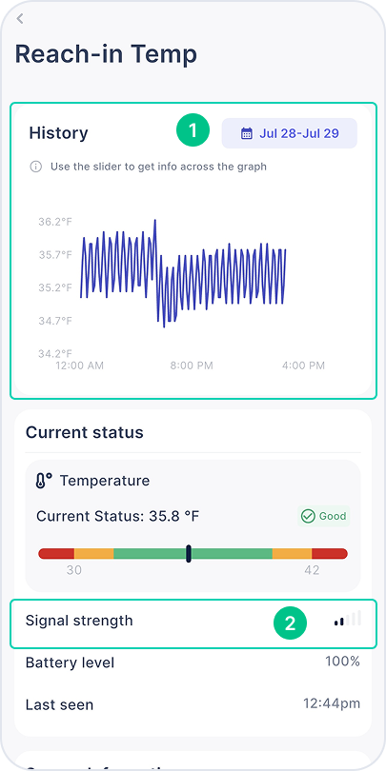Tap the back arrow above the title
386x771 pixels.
[20, 19]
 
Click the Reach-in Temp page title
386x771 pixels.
[106, 54]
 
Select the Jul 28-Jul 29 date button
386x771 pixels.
[290, 133]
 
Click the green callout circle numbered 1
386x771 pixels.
[193, 130]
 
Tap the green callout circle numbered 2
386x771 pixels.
[290, 623]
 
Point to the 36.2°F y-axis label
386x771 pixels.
[55, 222]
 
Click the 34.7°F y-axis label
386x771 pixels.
[55, 321]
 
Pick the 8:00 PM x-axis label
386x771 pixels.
[192, 366]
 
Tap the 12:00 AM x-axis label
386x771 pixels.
[80, 366]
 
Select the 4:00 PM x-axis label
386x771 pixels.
[303, 366]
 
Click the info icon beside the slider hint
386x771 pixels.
[36, 167]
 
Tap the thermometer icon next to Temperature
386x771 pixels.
[43, 481]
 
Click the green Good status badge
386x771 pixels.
[323, 516]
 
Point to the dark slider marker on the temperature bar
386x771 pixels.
[189, 554]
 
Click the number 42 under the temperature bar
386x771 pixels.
[312, 570]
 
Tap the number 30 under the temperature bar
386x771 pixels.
[73, 570]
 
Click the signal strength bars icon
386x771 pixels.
[347, 619]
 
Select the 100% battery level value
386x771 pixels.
[343, 662]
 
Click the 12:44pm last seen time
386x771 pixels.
[332, 703]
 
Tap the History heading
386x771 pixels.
[58, 133]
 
